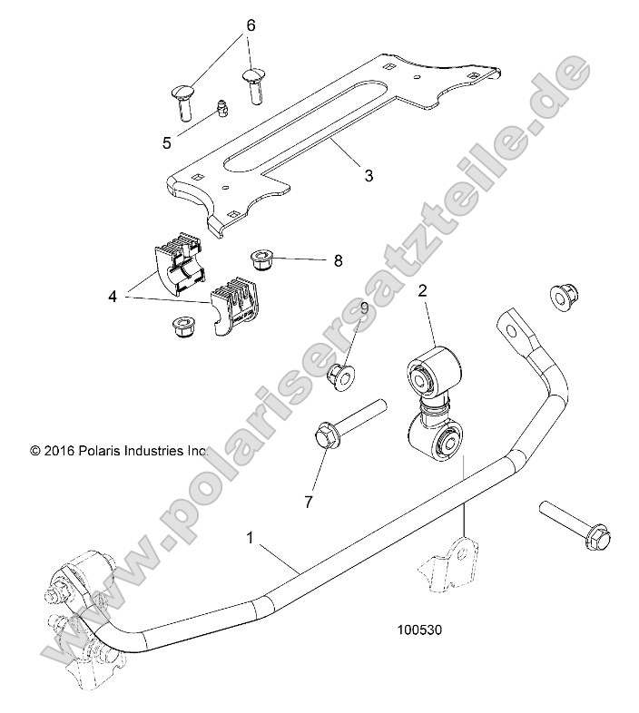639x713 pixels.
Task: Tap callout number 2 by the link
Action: pyautogui.click(x=423, y=291)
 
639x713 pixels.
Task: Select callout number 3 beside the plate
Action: pyautogui.click(x=343, y=177)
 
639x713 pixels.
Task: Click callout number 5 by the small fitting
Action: pyautogui.click(x=166, y=142)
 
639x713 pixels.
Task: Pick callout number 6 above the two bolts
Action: pyautogui.click(x=251, y=25)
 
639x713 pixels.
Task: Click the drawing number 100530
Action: pyautogui.click(x=420, y=627)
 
